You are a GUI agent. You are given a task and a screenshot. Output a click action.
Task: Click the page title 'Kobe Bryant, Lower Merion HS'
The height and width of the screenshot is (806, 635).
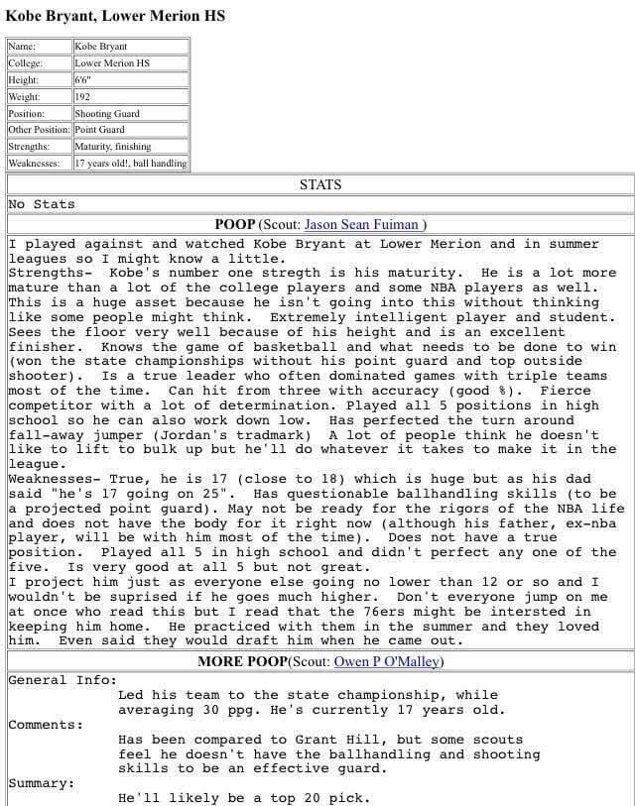(x=115, y=15)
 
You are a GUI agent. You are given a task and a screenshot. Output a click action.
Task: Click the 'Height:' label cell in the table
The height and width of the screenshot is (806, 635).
(x=24, y=79)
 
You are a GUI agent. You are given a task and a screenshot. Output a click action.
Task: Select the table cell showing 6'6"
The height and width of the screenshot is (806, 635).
(x=82, y=79)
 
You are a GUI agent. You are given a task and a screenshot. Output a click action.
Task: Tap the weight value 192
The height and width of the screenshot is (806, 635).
(x=82, y=96)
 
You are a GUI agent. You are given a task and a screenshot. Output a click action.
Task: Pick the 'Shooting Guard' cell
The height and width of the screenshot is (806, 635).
(x=107, y=113)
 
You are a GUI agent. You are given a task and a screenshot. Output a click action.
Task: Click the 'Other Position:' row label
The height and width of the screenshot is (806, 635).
(x=39, y=130)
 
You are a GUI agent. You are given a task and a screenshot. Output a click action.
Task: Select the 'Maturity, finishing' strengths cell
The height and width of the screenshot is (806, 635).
(x=112, y=146)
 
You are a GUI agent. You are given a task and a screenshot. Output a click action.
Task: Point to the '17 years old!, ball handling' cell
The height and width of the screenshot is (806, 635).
(x=130, y=163)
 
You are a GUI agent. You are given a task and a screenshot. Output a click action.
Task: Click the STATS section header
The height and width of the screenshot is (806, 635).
(x=319, y=184)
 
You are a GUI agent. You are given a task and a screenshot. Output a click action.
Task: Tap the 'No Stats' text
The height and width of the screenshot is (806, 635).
(x=42, y=204)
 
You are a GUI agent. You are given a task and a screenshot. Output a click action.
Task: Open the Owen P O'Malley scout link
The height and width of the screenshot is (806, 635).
(x=388, y=661)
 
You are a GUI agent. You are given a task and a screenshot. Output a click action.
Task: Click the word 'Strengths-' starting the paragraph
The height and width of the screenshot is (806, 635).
(x=50, y=273)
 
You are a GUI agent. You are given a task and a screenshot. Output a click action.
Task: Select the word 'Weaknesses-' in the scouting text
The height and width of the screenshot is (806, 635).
(x=55, y=479)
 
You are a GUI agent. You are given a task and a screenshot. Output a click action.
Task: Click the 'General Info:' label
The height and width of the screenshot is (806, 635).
(x=62, y=680)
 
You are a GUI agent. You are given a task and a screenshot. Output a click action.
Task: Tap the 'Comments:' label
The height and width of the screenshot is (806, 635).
(x=46, y=725)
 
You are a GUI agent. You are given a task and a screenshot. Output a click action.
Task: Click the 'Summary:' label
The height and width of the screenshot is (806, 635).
(x=42, y=783)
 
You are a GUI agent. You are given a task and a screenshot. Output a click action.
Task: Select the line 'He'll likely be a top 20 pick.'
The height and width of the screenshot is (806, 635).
(x=243, y=798)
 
